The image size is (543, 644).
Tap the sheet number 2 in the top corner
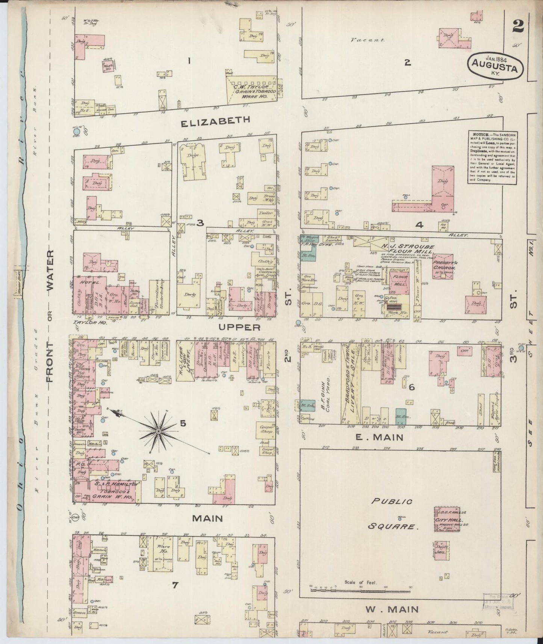tap(518, 27)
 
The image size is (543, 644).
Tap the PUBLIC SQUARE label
tap(392, 514)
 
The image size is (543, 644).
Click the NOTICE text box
tap(492, 157)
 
